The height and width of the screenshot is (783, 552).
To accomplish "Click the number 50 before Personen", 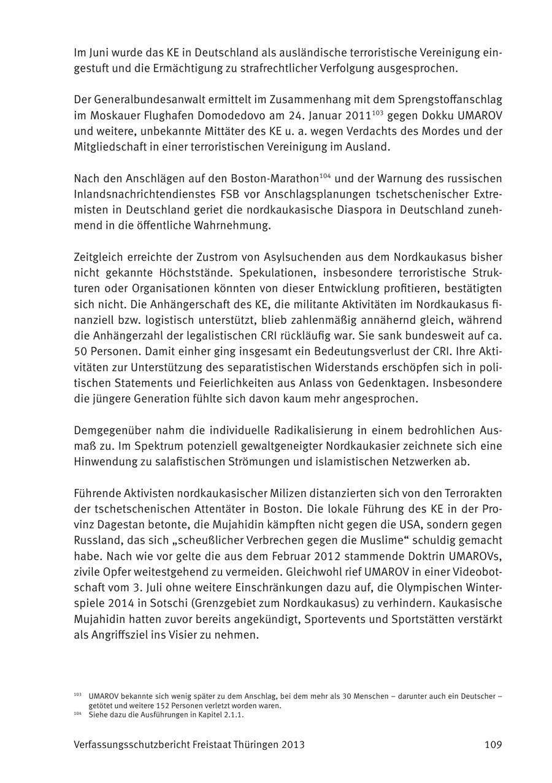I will click(80, 352).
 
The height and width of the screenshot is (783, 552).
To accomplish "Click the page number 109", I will click(493, 745).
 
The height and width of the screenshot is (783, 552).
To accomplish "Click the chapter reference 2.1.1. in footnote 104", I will click(232, 715).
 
